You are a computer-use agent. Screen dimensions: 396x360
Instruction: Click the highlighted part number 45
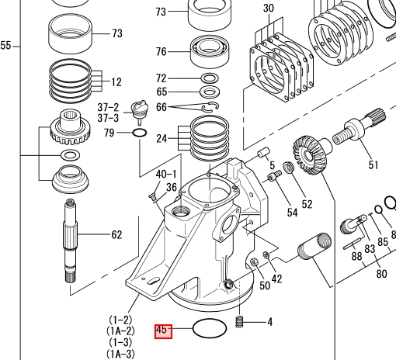click(163, 331)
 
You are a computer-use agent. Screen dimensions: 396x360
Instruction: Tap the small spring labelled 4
click(239, 322)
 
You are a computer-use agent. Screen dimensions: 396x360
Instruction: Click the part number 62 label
click(116, 234)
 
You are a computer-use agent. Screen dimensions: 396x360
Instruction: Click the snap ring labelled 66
click(210, 107)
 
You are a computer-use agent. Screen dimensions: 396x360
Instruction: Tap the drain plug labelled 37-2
click(140, 111)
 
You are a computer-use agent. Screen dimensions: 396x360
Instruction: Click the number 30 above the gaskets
click(269, 8)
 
